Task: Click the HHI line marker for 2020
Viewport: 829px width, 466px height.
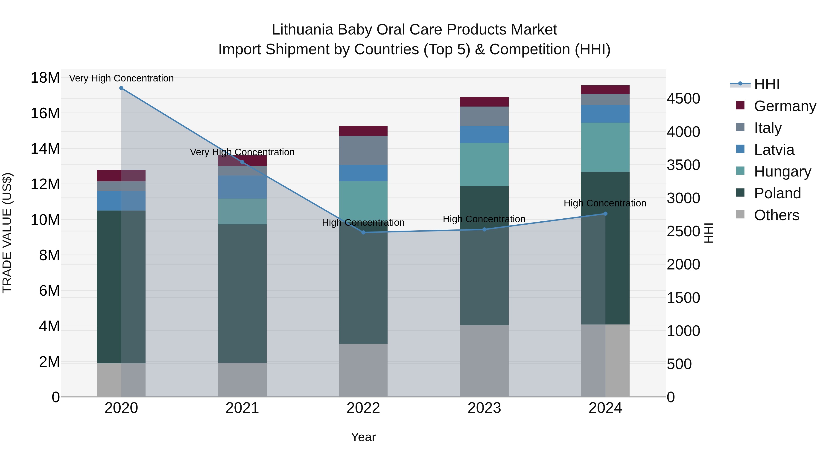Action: (x=121, y=88)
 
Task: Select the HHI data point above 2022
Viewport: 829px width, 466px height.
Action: (x=363, y=232)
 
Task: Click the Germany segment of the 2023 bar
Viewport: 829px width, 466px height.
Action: (x=484, y=102)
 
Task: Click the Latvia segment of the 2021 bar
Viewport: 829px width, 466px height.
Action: (x=242, y=187)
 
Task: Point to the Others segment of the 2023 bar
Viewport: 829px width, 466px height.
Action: (x=484, y=361)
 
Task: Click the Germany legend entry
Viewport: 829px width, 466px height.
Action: (x=785, y=106)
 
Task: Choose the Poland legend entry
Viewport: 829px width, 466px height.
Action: (x=777, y=193)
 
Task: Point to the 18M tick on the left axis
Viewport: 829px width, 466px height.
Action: (x=45, y=78)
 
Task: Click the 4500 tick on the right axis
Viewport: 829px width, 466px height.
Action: (x=683, y=99)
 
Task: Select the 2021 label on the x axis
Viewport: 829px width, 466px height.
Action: (x=242, y=408)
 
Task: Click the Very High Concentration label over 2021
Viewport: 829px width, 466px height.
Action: (x=242, y=152)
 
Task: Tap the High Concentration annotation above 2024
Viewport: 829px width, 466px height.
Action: (x=605, y=203)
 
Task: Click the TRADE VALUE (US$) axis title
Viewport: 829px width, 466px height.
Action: (x=7, y=233)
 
